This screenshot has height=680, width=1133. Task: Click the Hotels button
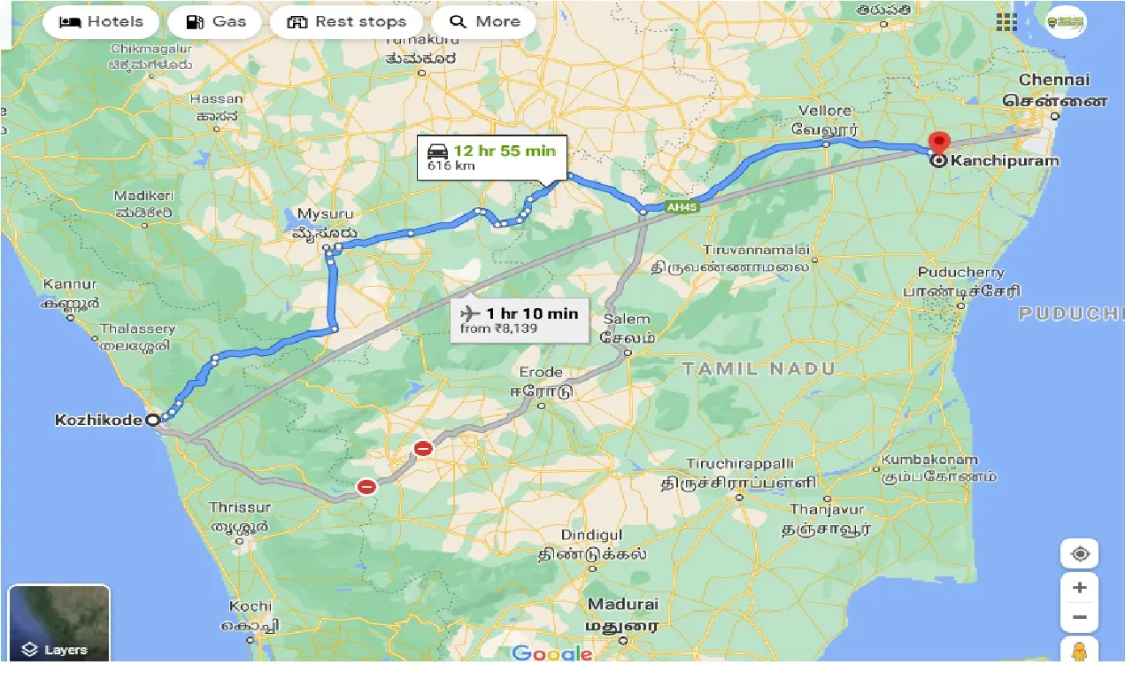point(100,22)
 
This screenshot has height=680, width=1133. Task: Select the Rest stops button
point(350,22)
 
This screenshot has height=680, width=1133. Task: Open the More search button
point(483,22)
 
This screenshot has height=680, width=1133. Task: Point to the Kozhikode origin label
point(98,420)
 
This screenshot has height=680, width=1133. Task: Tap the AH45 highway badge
point(678,207)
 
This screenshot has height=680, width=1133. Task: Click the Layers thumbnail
point(59,623)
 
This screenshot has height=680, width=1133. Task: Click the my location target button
point(1079,554)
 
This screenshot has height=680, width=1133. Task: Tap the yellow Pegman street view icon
point(1079,652)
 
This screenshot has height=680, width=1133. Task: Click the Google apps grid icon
point(1006,22)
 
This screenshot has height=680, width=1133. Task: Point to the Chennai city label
point(1054,80)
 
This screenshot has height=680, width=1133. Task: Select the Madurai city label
point(623,605)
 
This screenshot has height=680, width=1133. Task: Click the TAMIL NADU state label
point(759,368)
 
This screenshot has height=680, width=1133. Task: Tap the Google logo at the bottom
point(552,654)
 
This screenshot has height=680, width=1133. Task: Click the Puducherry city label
point(960,273)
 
